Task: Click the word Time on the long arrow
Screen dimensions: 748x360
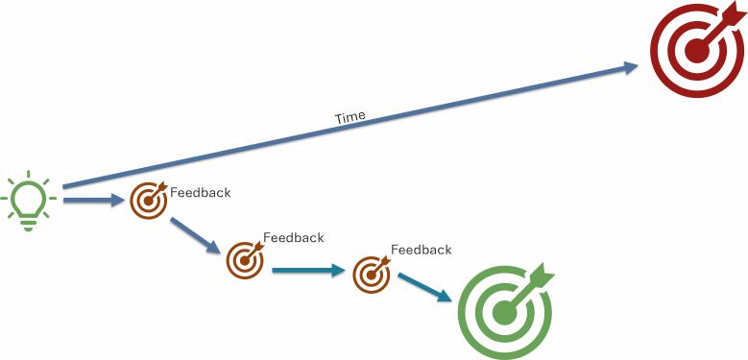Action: (x=350, y=117)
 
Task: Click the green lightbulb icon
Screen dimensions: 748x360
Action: (x=28, y=201)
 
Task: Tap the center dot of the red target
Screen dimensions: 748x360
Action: (x=696, y=51)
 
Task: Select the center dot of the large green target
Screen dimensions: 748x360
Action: (x=504, y=313)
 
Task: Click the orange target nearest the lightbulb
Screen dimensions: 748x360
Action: (x=150, y=201)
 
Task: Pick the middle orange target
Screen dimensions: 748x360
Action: (x=245, y=260)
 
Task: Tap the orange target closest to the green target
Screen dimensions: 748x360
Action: (x=372, y=275)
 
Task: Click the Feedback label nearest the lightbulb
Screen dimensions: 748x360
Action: (x=201, y=193)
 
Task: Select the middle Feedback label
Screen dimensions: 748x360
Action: (x=294, y=237)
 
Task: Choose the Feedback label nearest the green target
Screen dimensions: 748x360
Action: (x=422, y=250)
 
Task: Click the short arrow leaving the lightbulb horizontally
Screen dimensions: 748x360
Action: (x=93, y=201)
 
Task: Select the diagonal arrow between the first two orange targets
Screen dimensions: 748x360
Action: (x=195, y=235)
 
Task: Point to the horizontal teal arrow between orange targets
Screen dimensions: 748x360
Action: (x=308, y=271)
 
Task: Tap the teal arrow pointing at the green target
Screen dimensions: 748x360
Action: (x=424, y=287)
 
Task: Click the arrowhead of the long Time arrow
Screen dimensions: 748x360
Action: (x=631, y=67)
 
